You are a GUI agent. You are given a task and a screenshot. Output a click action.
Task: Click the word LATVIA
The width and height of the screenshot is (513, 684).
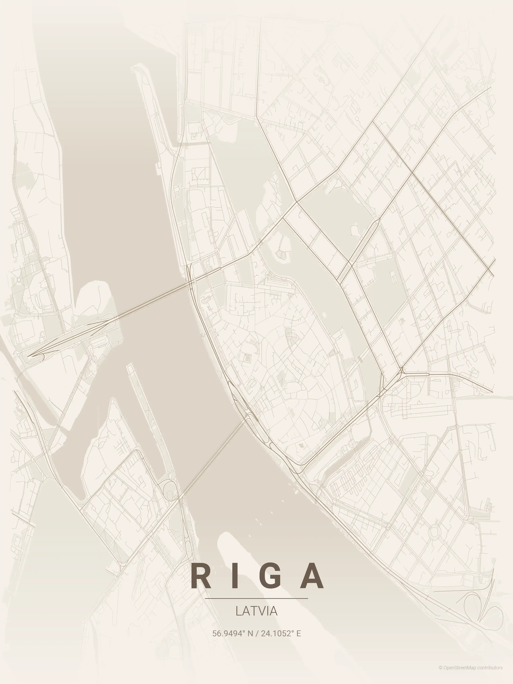tap(256, 611)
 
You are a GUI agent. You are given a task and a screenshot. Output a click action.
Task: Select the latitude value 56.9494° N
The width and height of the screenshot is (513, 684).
tap(233, 634)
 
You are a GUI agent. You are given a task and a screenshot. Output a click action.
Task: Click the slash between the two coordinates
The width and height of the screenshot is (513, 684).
tap(257, 634)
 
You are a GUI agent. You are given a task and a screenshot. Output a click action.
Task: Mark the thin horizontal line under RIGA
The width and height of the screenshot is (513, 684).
tap(256, 598)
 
